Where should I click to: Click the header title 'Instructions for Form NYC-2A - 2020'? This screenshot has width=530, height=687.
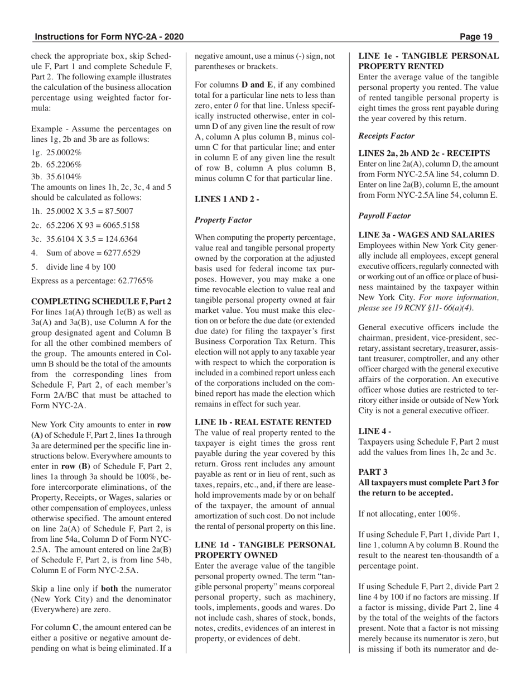point(109,37)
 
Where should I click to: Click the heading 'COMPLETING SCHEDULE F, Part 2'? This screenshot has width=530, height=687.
point(101,302)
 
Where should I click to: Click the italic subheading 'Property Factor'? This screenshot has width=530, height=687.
point(223,220)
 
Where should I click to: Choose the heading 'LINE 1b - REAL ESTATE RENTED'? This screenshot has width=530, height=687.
point(263,422)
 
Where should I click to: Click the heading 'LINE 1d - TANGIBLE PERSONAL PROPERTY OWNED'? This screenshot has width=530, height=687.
point(264,550)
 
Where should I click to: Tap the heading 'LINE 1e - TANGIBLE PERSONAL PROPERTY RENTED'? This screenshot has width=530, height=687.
point(428,61)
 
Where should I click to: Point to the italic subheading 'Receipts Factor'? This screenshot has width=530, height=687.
point(386,136)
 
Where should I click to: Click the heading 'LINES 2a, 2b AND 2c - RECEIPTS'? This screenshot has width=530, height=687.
point(424,153)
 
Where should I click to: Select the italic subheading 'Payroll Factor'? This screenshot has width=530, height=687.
point(384,216)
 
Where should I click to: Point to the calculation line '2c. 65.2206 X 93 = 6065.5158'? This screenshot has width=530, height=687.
point(85,225)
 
